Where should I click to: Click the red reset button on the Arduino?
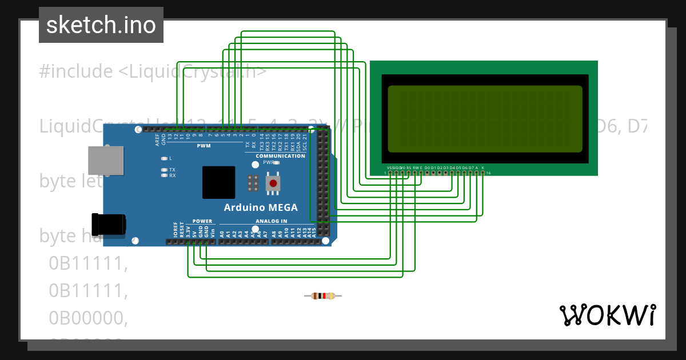(x=273, y=183)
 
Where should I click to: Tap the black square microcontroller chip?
(x=218, y=183)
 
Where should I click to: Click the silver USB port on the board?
(x=106, y=161)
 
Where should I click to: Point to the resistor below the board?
(x=323, y=295)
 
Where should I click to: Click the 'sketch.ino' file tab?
(x=101, y=25)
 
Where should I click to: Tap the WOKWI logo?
(x=607, y=315)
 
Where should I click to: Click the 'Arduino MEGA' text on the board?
(x=260, y=207)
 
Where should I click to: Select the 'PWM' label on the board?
(x=204, y=146)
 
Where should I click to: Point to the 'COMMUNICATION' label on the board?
(x=280, y=156)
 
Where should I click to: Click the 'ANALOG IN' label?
(x=271, y=221)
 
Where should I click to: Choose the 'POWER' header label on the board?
(x=202, y=221)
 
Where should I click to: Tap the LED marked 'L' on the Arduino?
(x=165, y=158)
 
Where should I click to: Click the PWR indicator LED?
(x=276, y=163)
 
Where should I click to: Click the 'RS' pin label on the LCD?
(x=409, y=168)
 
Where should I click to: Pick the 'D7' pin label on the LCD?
(x=470, y=168)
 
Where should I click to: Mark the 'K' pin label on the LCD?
(x=483, y=168)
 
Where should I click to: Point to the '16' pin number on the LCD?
(x=488, y=173)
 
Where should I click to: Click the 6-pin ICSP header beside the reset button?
(x=252, y=183)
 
